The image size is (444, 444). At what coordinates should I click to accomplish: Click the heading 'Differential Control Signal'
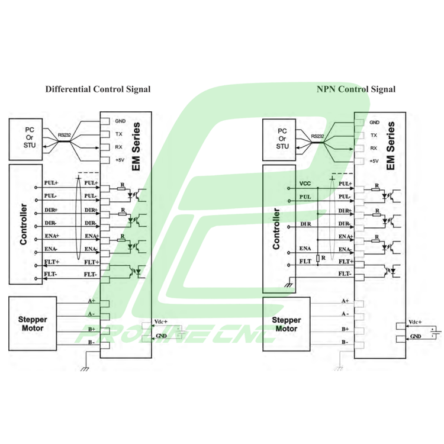tap(98, 89)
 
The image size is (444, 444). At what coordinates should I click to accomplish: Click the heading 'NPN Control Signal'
tap(356, 89)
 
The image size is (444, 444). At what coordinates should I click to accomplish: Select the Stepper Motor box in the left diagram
tap(33, 323)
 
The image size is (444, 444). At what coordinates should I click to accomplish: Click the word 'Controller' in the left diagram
tap(24, 225)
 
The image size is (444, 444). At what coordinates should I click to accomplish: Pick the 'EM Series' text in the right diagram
tap(390, 146)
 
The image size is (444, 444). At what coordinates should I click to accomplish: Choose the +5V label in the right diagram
tap(374, 161)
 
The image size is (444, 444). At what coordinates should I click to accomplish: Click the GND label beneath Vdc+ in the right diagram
tap(415, 337)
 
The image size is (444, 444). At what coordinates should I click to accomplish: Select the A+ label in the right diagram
tap(345, 301)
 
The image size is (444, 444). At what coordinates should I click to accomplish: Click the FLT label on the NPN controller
tap(305, 261)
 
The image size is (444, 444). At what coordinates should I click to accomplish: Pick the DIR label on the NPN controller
tap(305, 224)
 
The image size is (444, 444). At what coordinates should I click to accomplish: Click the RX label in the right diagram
tap(374, 148)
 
